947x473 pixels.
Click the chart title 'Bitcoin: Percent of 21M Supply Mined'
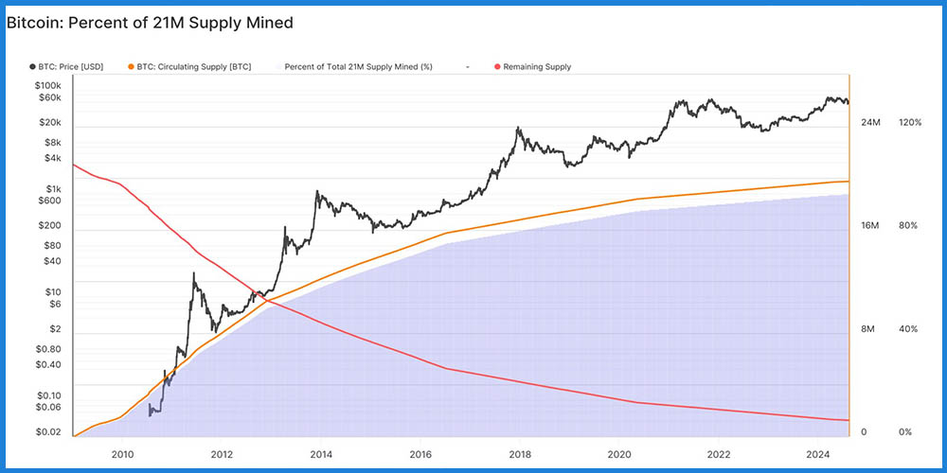[149, 22]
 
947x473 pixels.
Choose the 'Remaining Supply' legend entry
[536, 67]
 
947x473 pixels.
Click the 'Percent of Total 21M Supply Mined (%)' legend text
[359, 67]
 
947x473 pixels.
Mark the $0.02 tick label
[47, 431]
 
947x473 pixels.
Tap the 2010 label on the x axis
[122, 454]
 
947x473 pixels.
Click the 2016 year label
[420, 454]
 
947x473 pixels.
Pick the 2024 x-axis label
[817, 454]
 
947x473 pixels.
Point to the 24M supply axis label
[869, 123]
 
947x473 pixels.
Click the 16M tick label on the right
[869, 226]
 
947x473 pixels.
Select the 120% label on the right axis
[909, 123]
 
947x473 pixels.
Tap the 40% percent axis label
[907, 329]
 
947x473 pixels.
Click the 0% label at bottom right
[904, 432]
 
